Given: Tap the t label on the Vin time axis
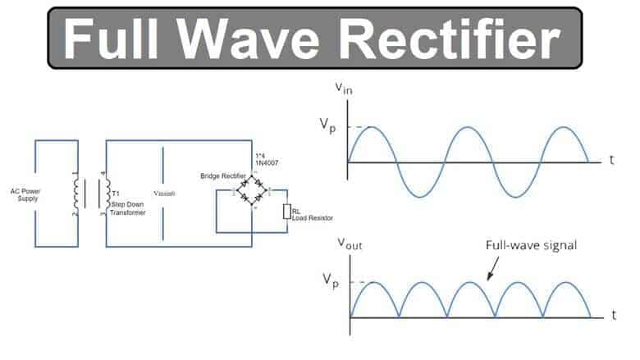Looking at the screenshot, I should [x=610, y=161].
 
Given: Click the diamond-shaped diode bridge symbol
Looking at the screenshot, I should [x=253, y=194].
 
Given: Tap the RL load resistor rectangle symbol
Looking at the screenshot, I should [x=286, y=212].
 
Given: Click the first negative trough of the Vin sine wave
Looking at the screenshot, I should [x=419, y=197].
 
